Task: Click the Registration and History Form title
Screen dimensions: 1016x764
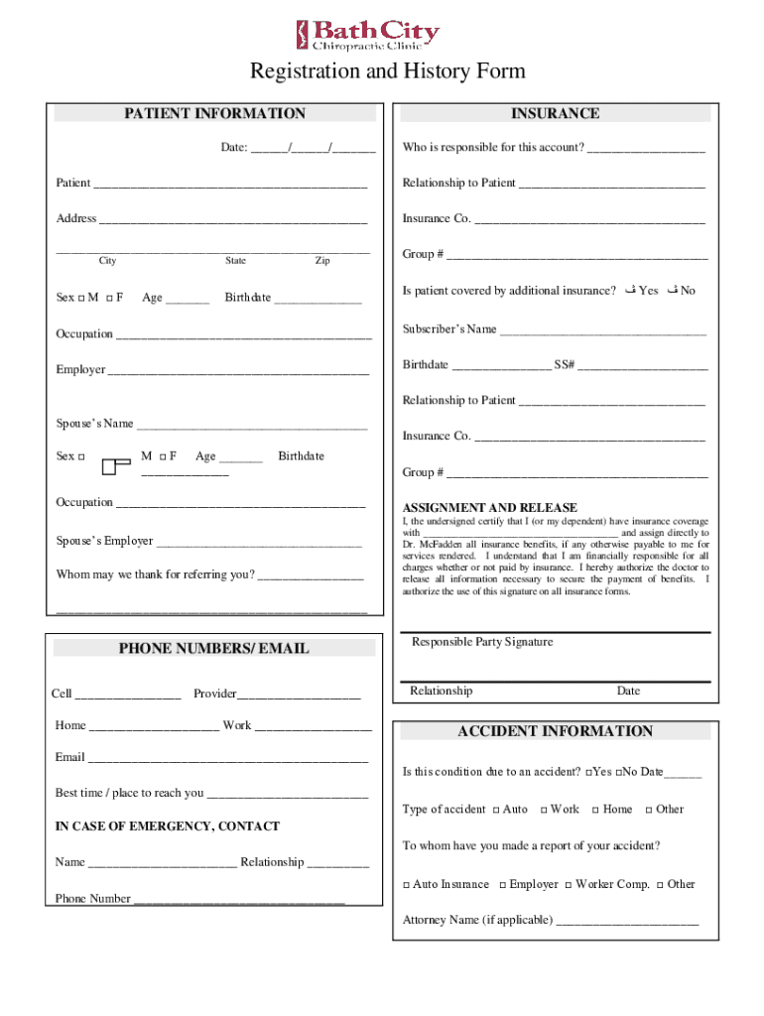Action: pyautogui.click(x=387, y=71)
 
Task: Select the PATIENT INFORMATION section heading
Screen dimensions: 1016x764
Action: pyautogui.click(x=214, y=114)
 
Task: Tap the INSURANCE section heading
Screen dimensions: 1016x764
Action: pyautogui.click(x=555, y=114)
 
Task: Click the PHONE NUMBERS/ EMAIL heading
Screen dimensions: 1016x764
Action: pyautogui.click(x=213, y=649)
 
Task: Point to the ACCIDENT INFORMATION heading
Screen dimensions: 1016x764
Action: pyautogui.click(x=555, y=731)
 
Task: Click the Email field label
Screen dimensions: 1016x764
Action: pyautogui.click(x=70, y=757)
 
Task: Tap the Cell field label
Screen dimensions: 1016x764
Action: pyautogui.click(x=62, y=694)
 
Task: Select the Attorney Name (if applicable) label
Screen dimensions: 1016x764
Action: pyautogui.click(x=477, y=920)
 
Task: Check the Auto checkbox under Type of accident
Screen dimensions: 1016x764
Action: pyautogui.click(x=496, y=810)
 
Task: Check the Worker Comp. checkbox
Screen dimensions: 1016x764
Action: pyautogui.click(x=568, y=885)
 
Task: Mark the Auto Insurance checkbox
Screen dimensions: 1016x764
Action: pyautogui.click(x=406, y=885)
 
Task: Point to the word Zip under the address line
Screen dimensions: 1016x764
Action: pyautogui.click(x=322, y=261)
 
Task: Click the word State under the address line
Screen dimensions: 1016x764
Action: pyautogui.click(x=235, y=261)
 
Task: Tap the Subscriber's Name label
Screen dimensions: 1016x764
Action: pyautogui.click(x=449, y=328)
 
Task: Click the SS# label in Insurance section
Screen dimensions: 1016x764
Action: pyautogui.click(x=565, y=364)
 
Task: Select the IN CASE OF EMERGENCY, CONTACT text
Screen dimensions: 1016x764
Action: pyautogui.click(x=168, y=826)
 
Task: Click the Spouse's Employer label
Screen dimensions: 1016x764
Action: pyautogui.click(x=104, y=541)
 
